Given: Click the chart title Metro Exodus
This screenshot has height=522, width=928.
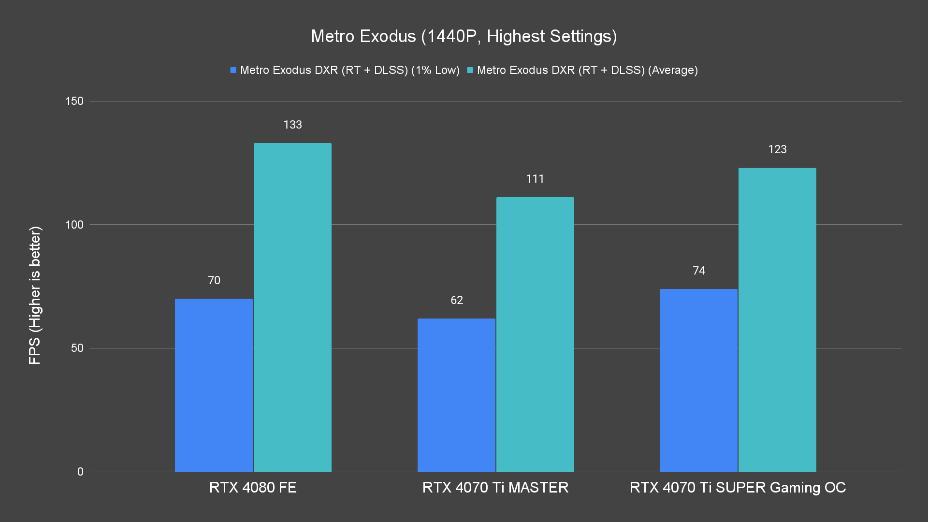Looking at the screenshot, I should (464, 36).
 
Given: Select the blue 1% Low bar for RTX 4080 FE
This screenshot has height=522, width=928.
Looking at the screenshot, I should (214, 385).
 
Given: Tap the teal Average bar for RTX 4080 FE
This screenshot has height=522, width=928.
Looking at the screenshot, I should (292, 307).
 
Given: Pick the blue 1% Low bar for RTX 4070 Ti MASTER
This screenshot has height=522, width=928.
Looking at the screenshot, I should (456, 395).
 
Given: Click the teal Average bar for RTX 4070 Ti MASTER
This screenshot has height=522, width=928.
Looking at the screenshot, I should (535, 334).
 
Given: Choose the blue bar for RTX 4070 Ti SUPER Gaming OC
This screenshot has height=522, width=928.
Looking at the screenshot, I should (698, 380).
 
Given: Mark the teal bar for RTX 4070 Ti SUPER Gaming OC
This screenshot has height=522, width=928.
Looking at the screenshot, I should (777, 319).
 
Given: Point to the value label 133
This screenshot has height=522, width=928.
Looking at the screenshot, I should (292, 125).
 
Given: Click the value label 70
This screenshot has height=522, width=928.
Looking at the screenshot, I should (214, 280).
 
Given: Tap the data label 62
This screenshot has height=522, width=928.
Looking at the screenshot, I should (456, 300).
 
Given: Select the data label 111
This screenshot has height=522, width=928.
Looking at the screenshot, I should (535, 179).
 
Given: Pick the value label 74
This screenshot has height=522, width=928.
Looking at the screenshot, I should (698, 271).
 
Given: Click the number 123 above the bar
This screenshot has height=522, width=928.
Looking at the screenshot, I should (777, 149).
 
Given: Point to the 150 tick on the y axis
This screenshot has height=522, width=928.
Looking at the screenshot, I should (74, 101).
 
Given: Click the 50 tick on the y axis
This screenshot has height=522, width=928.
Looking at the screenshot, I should (77, 348).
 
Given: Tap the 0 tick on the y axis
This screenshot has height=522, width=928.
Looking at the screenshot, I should (80, 472).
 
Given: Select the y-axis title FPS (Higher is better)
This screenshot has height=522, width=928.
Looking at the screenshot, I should (35, 295).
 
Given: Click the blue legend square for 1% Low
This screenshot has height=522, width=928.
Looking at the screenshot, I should (233, 70).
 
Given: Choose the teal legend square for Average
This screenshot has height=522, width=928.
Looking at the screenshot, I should (470, 70).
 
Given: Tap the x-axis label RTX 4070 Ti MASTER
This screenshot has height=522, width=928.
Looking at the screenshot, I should (495, 487).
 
